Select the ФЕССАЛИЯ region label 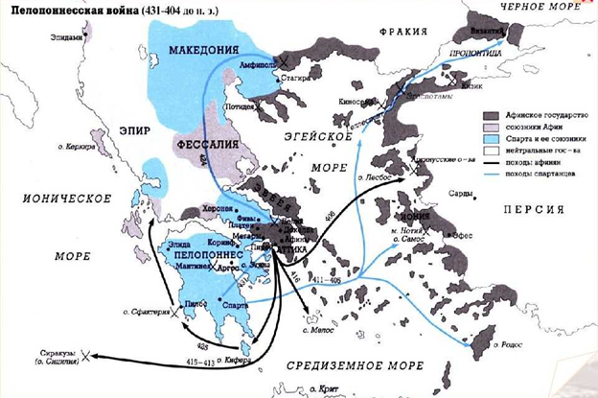[204, 145]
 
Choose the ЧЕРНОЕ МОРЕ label [539, 6]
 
